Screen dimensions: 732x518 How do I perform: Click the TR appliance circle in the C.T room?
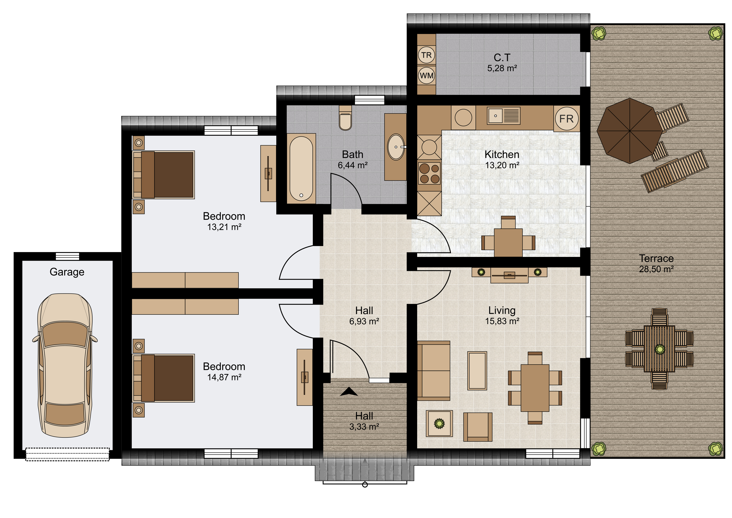click(426, 55)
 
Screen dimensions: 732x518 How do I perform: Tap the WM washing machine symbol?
click(426, 76)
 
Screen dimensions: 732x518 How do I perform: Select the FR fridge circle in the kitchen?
click(566, 119)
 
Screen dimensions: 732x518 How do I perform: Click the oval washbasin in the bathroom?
click(396, 147)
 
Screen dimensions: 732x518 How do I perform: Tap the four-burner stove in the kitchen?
click(429, 173)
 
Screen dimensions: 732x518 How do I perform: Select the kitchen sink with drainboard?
click(504, 115)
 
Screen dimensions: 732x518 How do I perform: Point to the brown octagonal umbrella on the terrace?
click(629, 131)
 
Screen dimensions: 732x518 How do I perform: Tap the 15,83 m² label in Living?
click(502, 321)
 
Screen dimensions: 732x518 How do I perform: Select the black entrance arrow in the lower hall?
click(349, 392)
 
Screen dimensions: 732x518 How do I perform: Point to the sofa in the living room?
click(434, 371)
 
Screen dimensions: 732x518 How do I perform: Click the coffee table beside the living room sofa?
click(477, 371)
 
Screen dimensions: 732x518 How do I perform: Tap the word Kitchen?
click(502, 154)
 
